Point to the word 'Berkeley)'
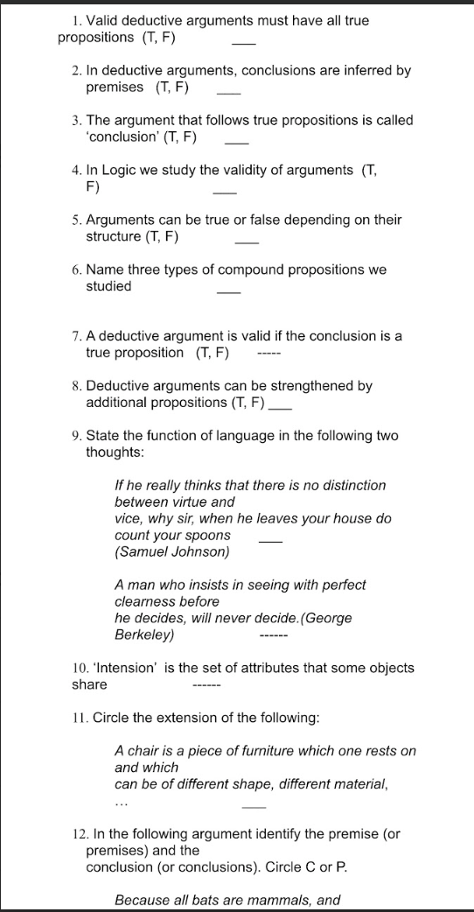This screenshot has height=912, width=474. click(144, 635)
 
